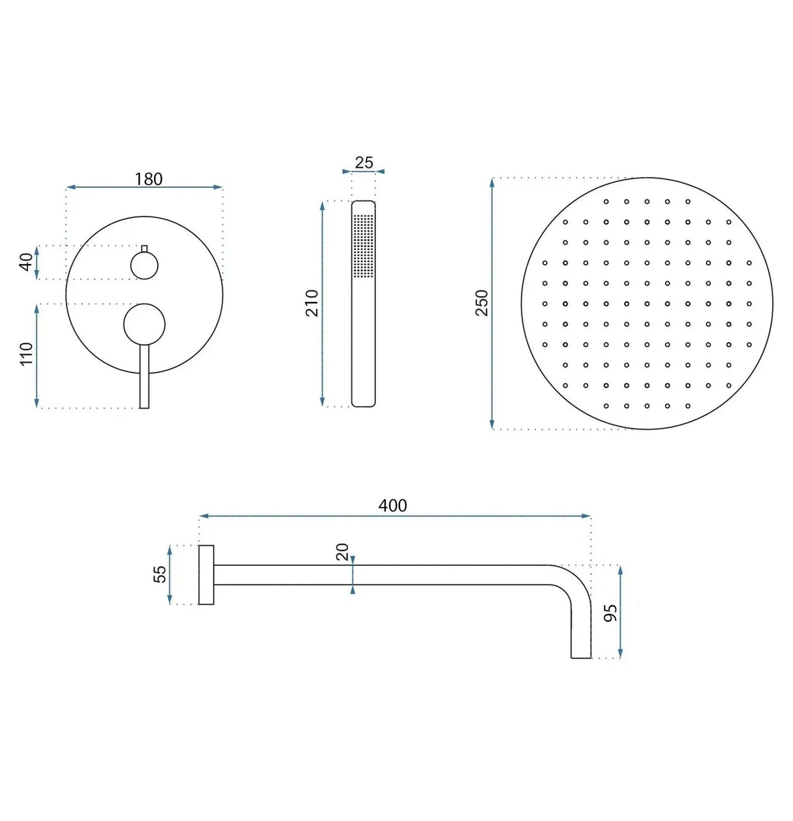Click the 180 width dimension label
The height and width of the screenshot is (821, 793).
pos(149,179)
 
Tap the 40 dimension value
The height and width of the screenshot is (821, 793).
pos(26,262)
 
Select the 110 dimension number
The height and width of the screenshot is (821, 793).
pos(26,354)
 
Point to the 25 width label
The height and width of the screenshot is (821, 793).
pos(364,163)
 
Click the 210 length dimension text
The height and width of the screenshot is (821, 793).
pos(312,303)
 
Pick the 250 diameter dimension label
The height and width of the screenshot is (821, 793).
pos(481,303)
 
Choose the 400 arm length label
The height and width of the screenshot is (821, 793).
pos(392,505)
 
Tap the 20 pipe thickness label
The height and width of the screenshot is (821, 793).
pos(342,551)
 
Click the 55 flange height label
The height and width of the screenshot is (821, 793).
pos(159,574)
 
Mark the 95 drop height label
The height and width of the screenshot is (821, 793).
pos(610,613)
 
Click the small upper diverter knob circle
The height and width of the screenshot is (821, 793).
pos(144,266)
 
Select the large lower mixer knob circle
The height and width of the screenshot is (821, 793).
pos(144,325)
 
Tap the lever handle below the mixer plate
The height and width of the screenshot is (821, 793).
pos(144,384)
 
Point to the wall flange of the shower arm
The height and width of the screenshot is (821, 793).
pos(206,575)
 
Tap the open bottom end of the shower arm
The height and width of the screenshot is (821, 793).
pos(581,656)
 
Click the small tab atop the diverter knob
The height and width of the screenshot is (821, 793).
pos(144,249)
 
